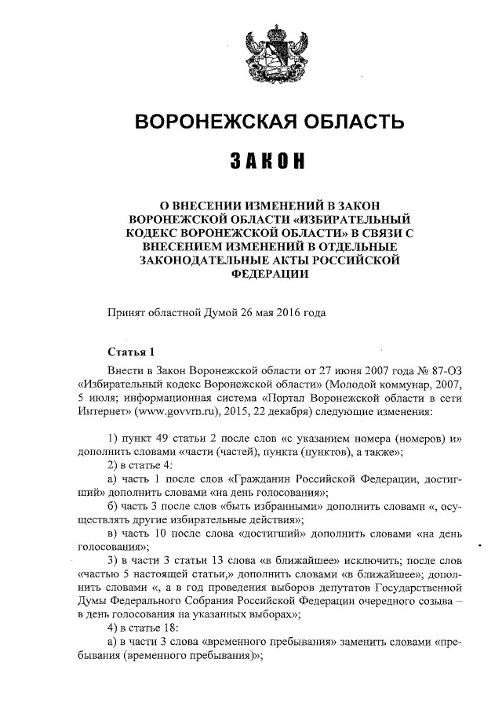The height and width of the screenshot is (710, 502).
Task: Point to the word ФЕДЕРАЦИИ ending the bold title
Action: coord(271,275)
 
